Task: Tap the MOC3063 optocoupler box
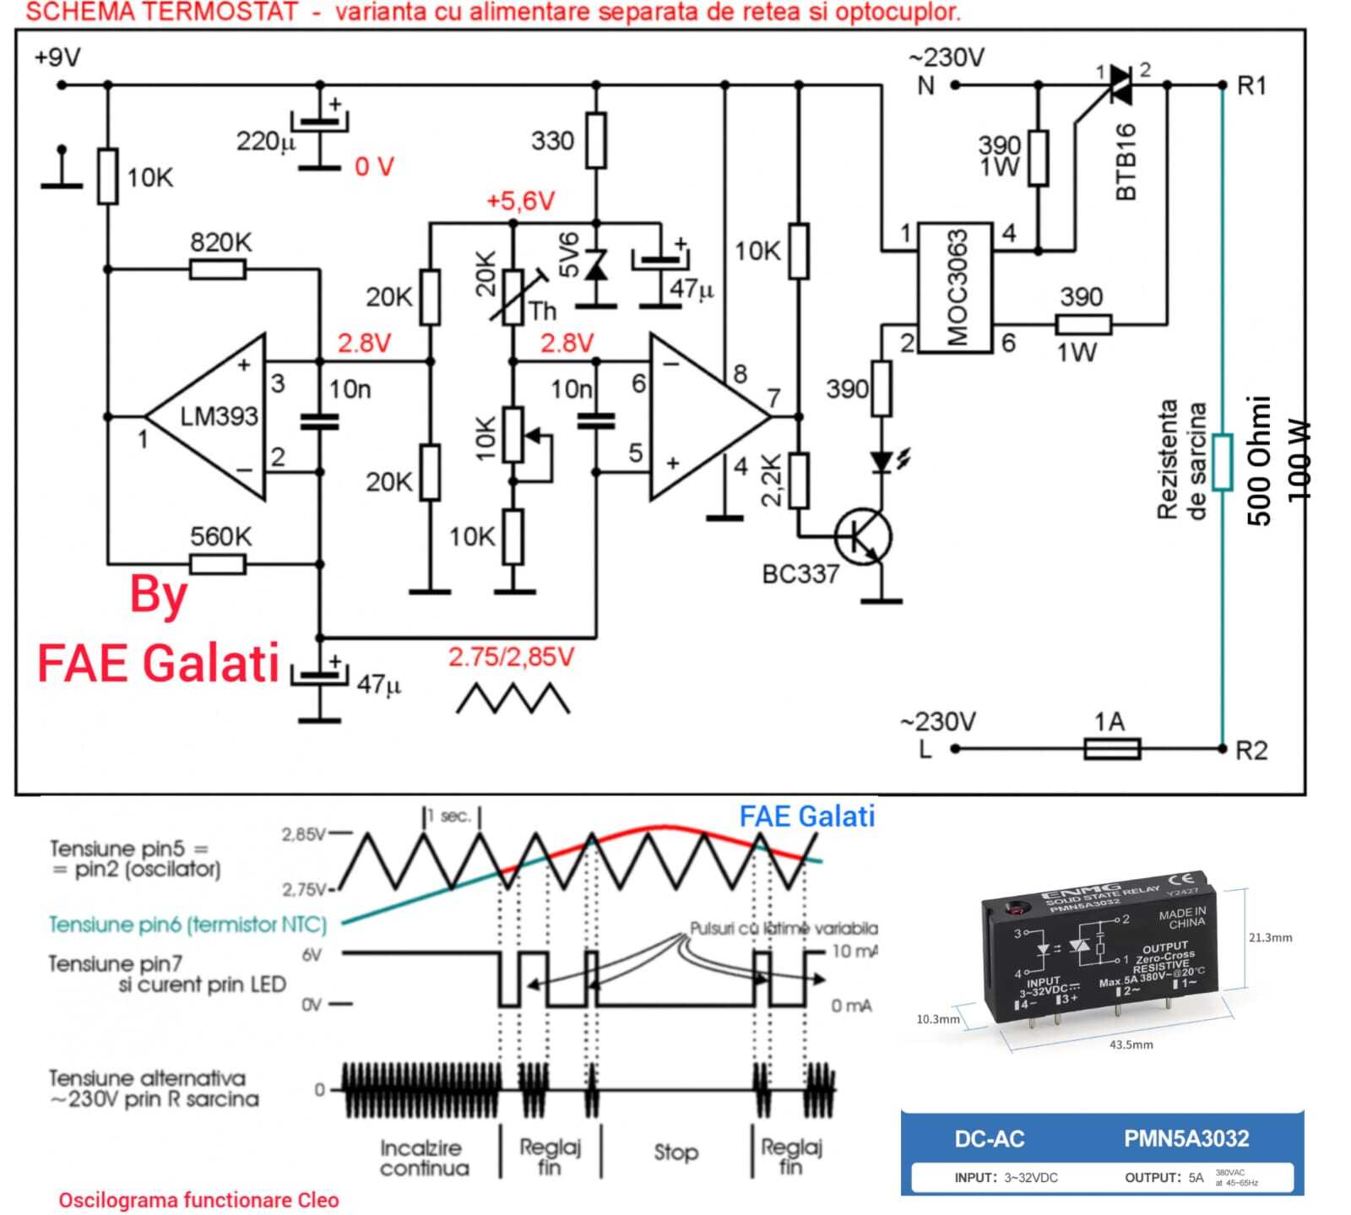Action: coord(955,288)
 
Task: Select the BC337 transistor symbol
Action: coord(863,537)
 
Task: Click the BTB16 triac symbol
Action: coord(1120,84)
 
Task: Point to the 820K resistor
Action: coord(218,269)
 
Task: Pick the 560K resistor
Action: coord(218,563)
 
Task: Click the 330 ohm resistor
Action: coord(596,141)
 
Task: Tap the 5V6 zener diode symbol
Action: coord(596,267)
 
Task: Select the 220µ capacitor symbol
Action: coord(319,127)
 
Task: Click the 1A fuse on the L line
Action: coord(1111,748)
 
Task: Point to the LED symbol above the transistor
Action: coord(882,461)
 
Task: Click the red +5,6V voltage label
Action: coord(520,201)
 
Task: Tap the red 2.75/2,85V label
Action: coord(511,657)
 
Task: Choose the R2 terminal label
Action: coord(1251,750)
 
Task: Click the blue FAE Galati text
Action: coord(806,816)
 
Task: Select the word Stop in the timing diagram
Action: coord(675,1153)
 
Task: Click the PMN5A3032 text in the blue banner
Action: coord(1186,1138)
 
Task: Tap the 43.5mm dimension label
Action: coord(1131,1044)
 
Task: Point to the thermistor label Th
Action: coord(543,312)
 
